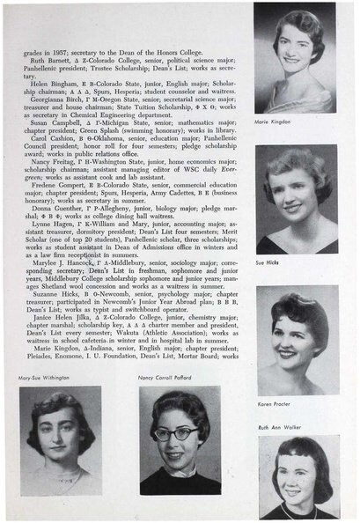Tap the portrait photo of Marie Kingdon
(289, 57)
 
